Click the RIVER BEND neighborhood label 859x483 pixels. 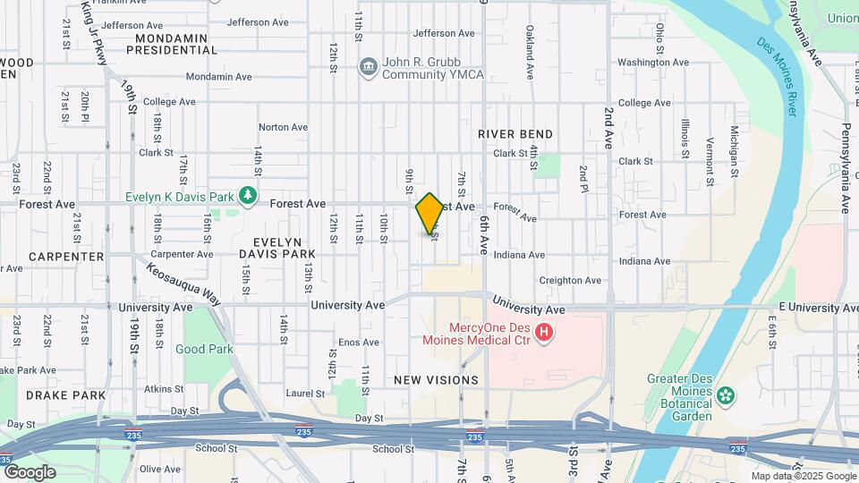[515, 134]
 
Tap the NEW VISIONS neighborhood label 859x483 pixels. [436, 380]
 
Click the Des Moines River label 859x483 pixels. [778, 76]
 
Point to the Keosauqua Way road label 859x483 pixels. [183, 284]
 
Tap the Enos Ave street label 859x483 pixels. [358, 343]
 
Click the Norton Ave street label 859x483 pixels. [283, 127]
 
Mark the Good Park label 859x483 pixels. [204, 350]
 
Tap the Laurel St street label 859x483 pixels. [305, 394]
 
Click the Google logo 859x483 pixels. [29, 472]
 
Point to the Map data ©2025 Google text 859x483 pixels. [803, 477]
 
